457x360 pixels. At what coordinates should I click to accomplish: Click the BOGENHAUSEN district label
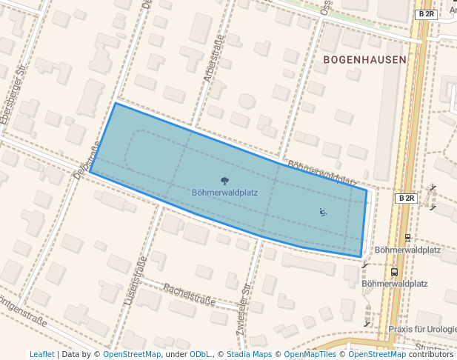364,59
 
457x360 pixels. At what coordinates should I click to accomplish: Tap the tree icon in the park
224,180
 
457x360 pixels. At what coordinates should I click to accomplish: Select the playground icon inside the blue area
322,212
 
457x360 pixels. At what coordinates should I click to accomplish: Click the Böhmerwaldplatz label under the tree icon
224,192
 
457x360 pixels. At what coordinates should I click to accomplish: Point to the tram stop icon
407,238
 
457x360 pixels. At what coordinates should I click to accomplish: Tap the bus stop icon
394,272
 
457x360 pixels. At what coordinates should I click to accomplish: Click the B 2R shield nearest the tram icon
406,199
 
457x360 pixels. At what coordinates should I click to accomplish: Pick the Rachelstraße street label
189,295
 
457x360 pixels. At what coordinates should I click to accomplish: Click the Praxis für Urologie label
421,328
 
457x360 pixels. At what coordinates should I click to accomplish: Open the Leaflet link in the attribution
41,354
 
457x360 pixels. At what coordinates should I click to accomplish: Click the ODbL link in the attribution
199,354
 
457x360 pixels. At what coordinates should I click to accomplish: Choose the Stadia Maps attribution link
248,354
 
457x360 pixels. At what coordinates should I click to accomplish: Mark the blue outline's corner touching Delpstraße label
90,172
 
